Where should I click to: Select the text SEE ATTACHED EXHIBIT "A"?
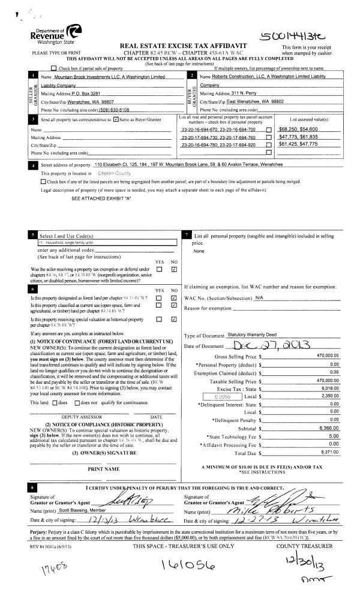pos(101,198)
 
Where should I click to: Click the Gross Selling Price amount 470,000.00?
pos(326,356)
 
